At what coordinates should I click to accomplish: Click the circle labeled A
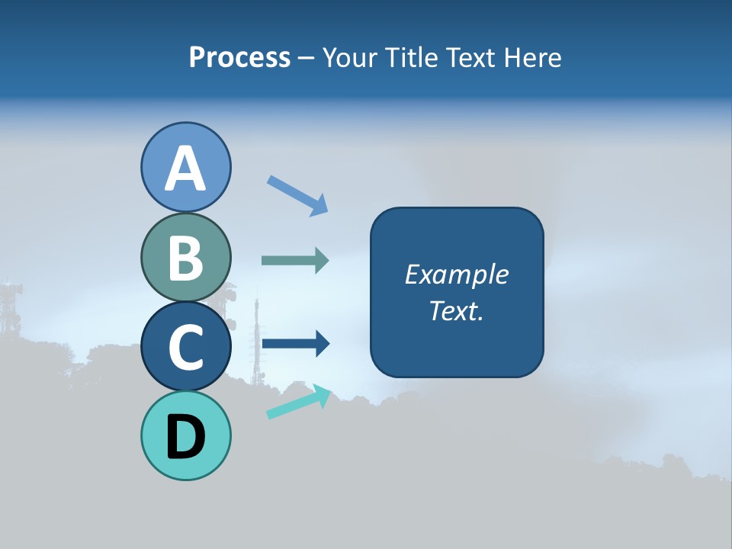pos(185,167)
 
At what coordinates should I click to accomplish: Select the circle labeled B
pos(185,257)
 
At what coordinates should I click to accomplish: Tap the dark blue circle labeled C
pos(185,346)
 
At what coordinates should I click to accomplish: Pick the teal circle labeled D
pos(185,435)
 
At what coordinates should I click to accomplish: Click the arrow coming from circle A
pos(297,195)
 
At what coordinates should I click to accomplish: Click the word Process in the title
pos(239,58)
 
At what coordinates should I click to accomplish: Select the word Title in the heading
pos(413,58)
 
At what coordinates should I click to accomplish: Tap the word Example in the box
pos(456,274)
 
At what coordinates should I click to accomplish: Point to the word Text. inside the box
pos(456,311)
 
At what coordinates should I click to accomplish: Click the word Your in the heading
pos(349,58)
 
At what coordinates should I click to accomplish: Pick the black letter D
pos(185,437)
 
